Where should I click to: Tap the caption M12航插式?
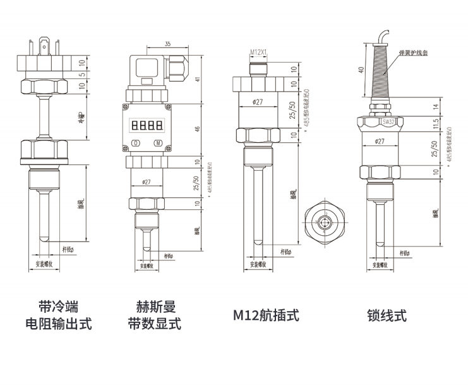pos(266,315)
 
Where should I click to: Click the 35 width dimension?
pos(167,44)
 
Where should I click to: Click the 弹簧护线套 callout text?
pos(414,55)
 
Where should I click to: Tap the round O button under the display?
pos(136,143)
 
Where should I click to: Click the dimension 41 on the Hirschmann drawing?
pos(197,79)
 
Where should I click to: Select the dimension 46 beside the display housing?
pos(197,129)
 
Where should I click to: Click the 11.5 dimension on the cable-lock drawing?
pos(435,123)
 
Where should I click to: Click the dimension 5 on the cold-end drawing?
pos(81,75)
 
